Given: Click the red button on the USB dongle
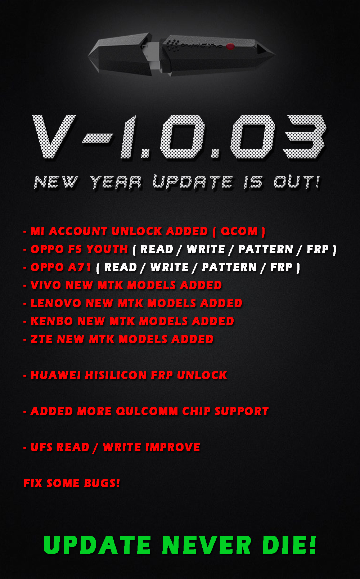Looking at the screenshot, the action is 230,46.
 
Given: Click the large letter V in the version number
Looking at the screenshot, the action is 54,136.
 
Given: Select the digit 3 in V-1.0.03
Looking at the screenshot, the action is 304,136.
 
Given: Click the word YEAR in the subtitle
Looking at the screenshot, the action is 116,182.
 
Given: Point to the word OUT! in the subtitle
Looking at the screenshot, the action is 297,182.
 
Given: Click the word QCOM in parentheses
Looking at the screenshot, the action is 239,231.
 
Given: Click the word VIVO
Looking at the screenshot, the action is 46,286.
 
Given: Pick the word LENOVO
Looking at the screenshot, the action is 56,303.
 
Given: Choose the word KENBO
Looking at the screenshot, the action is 52,321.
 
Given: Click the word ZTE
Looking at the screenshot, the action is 42,340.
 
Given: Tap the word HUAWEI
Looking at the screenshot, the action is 56,375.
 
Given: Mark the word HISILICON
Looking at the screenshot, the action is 116,375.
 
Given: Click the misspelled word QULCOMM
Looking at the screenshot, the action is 147,411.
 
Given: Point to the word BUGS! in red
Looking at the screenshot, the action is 102,483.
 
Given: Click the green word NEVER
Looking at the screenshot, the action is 207,545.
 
